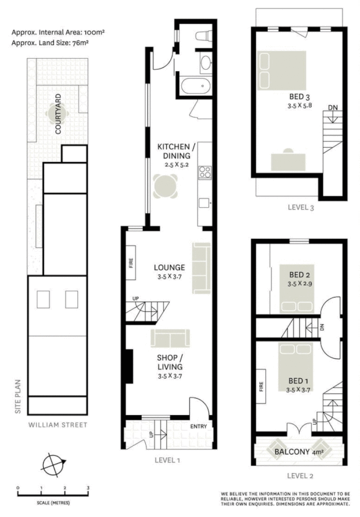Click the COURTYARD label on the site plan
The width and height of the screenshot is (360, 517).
tap(58, 114)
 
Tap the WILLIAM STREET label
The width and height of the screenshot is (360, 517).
tap(58, 425)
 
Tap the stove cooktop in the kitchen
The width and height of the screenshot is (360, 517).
tap(205, 173)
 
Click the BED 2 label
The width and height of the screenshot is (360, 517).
tap(299, 275)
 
